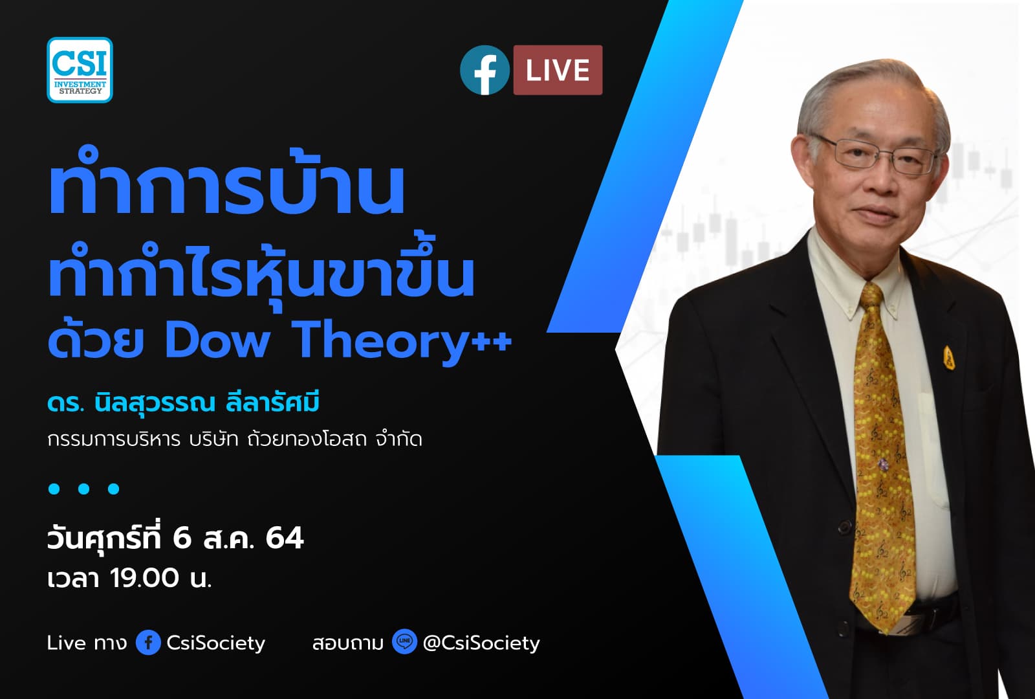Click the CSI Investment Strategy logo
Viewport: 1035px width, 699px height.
pos(80,70)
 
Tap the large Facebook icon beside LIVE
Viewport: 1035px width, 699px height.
pos(485,71)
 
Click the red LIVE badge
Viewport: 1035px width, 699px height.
pos(558,70)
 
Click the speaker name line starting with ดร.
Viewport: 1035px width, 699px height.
pos(183,403)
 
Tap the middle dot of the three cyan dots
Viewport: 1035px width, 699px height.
pos(83,489)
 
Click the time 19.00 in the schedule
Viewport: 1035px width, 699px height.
pos(144,578)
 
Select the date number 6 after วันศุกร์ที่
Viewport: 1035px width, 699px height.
pos(182,538)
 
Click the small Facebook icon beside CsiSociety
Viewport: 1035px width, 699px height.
pos(148,643)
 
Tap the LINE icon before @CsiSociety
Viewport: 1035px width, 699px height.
pos(404,642)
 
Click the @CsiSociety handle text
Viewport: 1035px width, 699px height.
pos(481,643)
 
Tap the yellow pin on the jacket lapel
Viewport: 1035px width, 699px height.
pos(948,357)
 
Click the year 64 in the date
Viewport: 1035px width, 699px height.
pos(284,538)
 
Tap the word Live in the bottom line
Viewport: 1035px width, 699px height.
pos(67,643)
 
